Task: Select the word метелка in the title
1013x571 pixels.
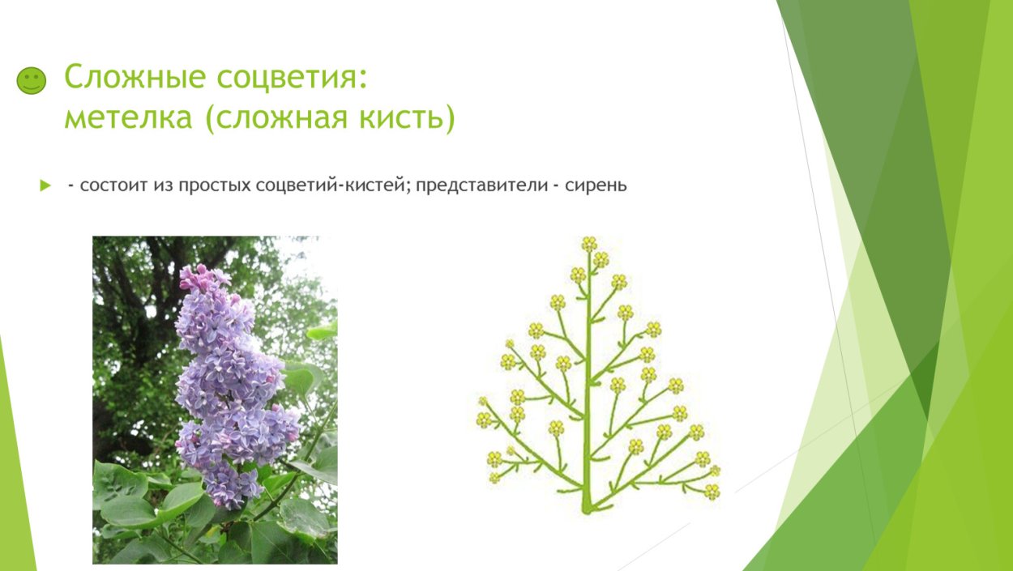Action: (x=127, y=118)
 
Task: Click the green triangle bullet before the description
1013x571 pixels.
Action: (x=45, y=185)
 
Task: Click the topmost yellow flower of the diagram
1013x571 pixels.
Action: (x=589, y=243)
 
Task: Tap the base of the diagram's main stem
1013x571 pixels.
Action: (x=587, y=507)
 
